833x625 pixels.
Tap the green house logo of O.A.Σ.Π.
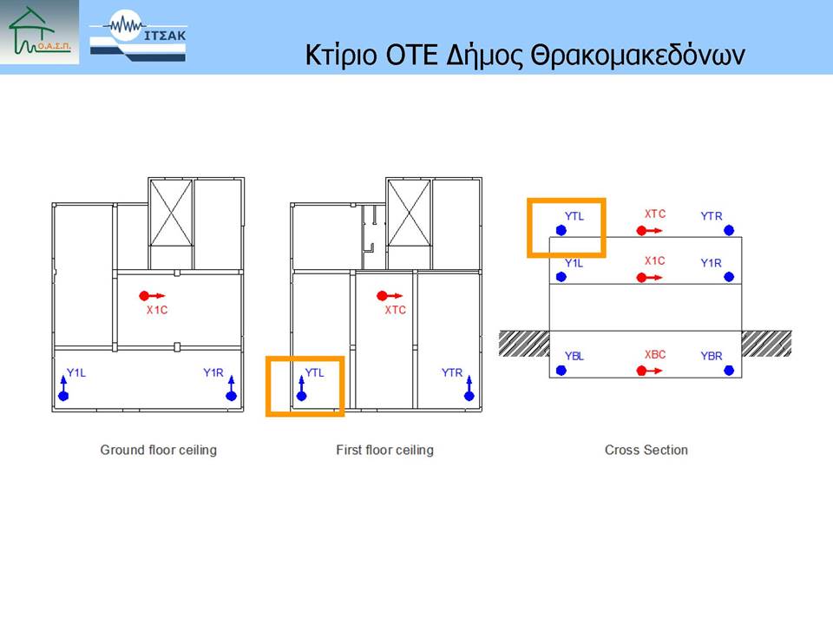tap(39, 32)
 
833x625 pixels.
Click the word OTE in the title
tap(411, 55)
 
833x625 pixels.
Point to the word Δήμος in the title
tap(484, 56)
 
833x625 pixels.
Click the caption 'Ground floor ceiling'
tap(158, 451)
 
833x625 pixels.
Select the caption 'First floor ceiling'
tap(384, 451)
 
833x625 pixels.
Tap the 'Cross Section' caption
tap(646, 451)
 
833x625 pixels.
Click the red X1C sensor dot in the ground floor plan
tap(144, 295)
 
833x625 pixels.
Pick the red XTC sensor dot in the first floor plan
tap(382, 295)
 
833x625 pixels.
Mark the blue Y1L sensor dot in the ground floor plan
tap(63, 396)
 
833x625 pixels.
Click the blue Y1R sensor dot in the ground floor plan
tap(231, 396)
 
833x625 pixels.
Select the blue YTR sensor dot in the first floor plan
tap(469, 396)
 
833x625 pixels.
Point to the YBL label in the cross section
tap(574, 356)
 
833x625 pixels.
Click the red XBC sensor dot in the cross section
tap(641, 371)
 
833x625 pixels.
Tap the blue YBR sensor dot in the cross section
tap(729, 371)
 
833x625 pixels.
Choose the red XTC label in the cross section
tap(655, 214)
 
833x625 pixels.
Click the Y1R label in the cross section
tap(712, 263)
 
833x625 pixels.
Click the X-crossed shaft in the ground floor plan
tap(171, 214)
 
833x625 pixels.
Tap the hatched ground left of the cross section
tap(524, 344)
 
